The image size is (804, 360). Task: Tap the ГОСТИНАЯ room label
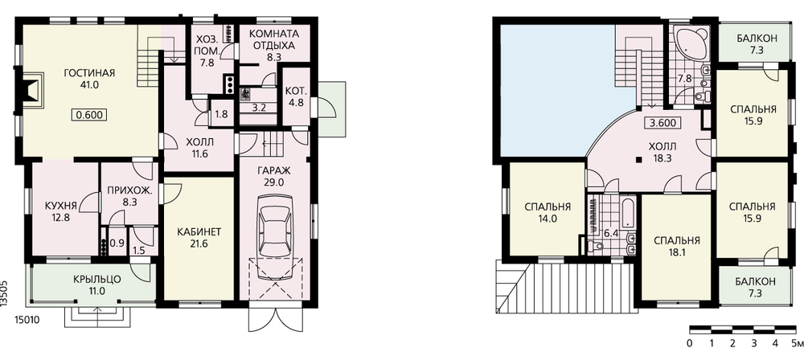89,72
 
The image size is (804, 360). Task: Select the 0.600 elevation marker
89,115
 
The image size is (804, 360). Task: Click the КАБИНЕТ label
199,231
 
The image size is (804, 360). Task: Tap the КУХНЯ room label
61,206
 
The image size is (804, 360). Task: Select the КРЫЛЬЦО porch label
96,280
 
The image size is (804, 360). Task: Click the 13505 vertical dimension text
5,293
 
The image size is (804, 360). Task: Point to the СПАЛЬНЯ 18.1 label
677,246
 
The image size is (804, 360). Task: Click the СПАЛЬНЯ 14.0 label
548,213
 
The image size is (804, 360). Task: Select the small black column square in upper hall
638,159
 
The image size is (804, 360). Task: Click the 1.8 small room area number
221,114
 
